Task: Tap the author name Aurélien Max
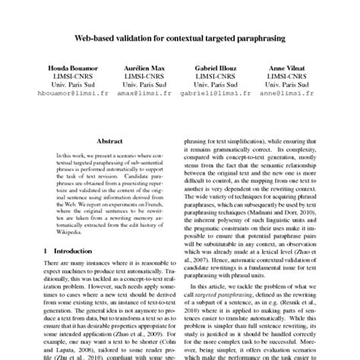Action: click(141, 68)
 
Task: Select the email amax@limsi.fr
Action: click(141, 96)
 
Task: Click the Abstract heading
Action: click(111, 141)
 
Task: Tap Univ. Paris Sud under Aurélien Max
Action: click(141, 86)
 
